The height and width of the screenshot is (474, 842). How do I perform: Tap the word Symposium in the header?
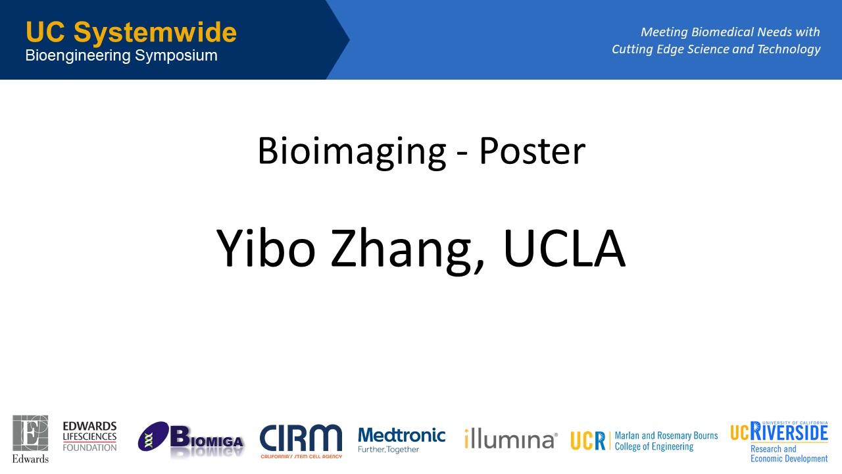176,56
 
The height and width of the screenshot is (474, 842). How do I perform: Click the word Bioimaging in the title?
352,152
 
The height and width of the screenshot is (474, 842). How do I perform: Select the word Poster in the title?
532,151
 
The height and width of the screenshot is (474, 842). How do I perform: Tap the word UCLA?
564,248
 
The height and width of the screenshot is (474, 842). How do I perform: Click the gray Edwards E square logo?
30,433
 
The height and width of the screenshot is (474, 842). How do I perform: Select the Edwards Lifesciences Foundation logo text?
90,436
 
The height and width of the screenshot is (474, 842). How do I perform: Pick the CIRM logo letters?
301,438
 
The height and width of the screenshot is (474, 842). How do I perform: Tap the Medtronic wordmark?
401,436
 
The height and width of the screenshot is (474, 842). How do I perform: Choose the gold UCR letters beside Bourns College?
587,440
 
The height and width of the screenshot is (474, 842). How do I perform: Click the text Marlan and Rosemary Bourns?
666,436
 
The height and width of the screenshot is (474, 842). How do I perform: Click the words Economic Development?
789,459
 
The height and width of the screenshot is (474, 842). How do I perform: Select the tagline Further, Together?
388,450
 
